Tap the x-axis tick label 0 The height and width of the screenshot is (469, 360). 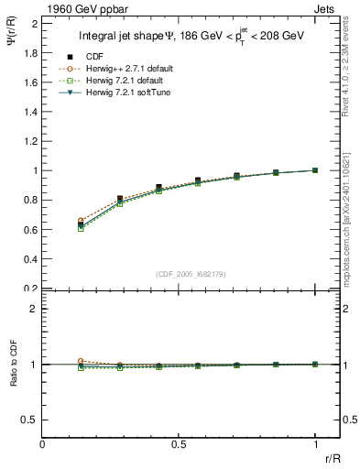(43, 445)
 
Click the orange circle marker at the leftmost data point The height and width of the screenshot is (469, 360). (82, 221)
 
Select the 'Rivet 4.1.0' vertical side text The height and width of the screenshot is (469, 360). (351, 55)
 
